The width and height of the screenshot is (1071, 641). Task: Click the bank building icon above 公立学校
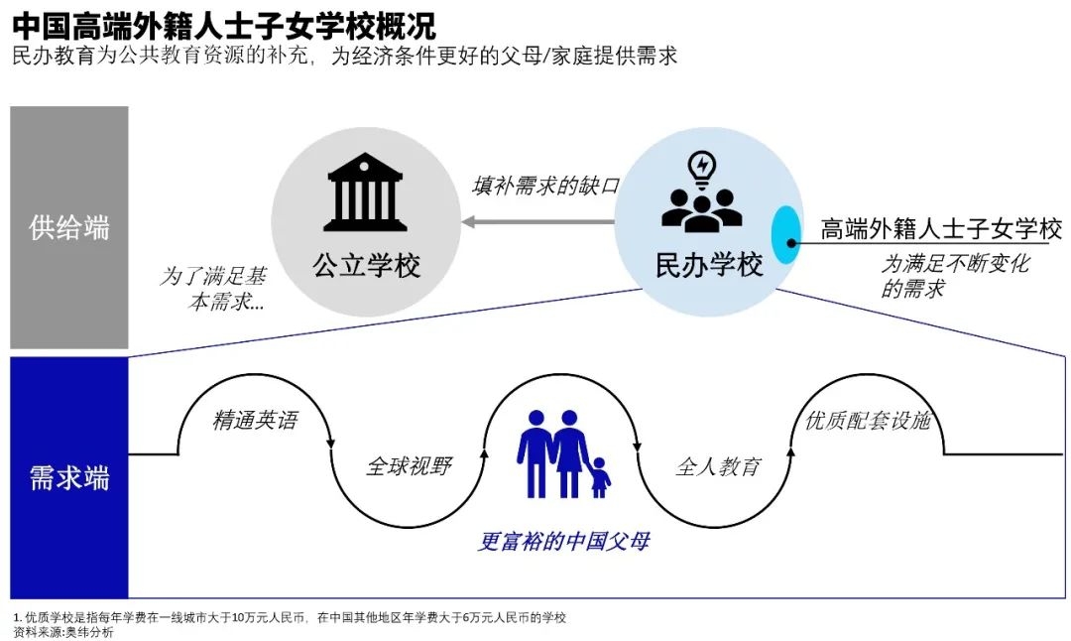(x=365, y=192)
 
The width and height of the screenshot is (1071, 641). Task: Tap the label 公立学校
(x=367, y=265)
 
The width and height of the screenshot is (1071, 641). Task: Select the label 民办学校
(x=709, y=265)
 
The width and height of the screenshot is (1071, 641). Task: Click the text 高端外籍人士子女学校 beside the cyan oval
(x=940, y=229)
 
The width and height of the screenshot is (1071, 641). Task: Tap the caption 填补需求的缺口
(x=545, y=186)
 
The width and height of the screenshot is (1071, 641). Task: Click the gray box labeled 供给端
(x=69, y=227)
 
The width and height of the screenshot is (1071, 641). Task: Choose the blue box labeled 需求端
(x=69, y=478)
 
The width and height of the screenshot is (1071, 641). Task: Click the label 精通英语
(x=255, y=420)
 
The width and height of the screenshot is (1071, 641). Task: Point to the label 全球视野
(x=409, y=465)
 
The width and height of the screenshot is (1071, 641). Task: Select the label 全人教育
(x=718, y=465)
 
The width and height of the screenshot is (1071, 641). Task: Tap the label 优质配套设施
(x=868, y=420)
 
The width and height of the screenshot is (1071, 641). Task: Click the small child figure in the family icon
(x=600, y=477)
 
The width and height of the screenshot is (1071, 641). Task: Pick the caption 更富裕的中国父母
(x=564, y=542)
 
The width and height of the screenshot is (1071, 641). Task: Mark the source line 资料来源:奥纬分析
(x=63, y=632)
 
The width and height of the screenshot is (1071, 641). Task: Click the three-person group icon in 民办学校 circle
(x=702, y=207)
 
